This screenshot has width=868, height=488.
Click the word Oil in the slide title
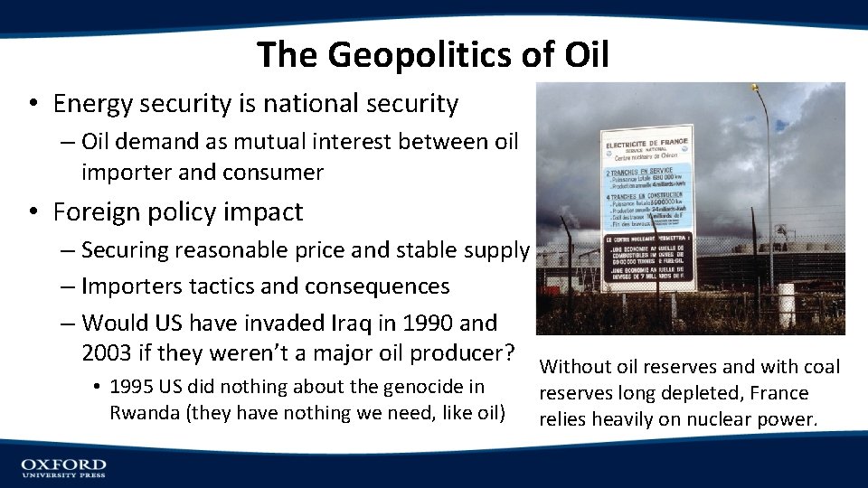click(586, 55)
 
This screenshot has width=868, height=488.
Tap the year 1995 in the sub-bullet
click(133, 387)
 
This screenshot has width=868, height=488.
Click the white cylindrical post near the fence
click(786, 305)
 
